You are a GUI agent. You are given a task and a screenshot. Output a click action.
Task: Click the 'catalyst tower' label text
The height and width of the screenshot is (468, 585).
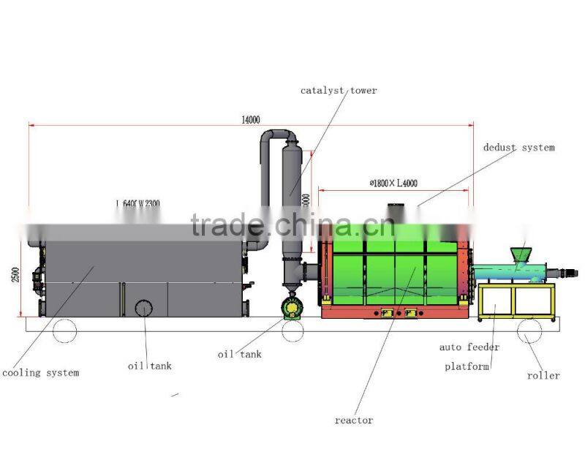click(x=339, y=91)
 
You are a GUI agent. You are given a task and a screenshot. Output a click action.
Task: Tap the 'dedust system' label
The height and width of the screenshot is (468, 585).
click(x=518, y=148)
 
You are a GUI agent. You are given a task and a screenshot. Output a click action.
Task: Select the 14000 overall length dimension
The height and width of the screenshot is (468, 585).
click(x=250, y=120)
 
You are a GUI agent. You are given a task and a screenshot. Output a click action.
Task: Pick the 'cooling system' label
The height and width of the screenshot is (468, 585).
click(x=40, y=373)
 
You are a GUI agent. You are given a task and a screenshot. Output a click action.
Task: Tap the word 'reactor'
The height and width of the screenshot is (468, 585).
click(x=354, y=420)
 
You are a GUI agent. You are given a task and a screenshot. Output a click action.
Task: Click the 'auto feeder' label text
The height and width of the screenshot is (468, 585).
click(x=469, y=347)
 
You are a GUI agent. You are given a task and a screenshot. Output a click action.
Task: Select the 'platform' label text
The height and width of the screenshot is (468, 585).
click(x=467, y=366)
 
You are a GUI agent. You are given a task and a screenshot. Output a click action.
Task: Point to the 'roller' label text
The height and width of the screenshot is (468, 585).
click(x=543, y=376)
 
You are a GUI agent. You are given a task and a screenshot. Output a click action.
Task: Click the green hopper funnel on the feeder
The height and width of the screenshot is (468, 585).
click(x=520, y=253)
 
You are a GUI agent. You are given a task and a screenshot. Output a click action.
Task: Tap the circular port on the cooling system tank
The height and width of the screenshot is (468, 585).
click(x=143, y=308)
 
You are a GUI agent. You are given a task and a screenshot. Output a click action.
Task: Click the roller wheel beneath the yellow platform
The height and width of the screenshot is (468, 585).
click(x=530, y=331)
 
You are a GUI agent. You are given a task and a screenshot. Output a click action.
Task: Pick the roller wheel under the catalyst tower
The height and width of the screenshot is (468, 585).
click(x=293, y=331)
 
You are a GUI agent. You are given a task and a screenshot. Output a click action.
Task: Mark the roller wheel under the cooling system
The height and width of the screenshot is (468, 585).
click(x=64, y=331)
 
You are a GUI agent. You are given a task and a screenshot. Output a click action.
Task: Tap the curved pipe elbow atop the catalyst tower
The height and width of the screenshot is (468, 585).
click(x=277, y=137)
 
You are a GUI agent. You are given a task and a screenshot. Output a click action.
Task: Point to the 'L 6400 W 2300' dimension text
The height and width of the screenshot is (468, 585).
click(x=137, y=203)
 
